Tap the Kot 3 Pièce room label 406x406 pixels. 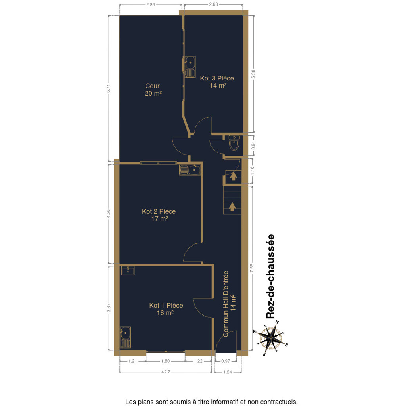(217, 78)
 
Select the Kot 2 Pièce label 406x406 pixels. (159, 211)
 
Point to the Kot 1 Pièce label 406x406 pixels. (166, 306)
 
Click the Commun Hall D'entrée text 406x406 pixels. (226, 304)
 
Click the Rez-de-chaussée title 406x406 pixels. (270, 276)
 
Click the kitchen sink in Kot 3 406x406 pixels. (190, 67)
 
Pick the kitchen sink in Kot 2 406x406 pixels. (190, 170)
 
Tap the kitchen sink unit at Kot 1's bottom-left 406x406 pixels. (125, 337)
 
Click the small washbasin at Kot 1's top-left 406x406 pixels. (128, 270)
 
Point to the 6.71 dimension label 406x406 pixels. (109, 88)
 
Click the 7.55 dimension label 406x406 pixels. (252, 268)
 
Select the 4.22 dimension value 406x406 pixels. (166, 372)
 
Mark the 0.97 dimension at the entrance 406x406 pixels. (226, 361)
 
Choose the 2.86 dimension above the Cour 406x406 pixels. (150, 5)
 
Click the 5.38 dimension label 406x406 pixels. (253, 74)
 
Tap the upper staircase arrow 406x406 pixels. (233, 176)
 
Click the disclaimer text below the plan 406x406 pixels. (212, 402)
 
